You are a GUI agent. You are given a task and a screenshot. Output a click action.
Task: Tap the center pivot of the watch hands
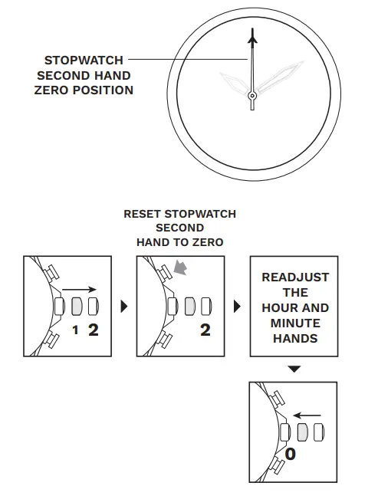(x=251, y=95)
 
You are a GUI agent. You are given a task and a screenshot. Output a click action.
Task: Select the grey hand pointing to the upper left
(x=234, y=82)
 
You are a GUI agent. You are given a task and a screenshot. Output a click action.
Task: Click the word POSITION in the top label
(x=102, y=90)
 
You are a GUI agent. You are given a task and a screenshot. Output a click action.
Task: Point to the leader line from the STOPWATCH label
(x=188, y=59)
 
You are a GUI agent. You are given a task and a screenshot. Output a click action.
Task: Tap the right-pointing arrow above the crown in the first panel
(x=79, y=291)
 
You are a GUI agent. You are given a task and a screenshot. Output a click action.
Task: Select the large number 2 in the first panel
(x=93, y=330)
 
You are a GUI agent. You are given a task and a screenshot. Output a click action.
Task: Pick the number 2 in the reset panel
(x=205, y=330)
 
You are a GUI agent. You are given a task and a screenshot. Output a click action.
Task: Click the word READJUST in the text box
(x=294, y=277)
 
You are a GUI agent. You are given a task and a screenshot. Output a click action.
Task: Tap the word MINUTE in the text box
(x=294, y=323)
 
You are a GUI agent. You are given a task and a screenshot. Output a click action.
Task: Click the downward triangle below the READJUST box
(x=294, y=369)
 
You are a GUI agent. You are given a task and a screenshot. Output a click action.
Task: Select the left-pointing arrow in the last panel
(x=307, y=415)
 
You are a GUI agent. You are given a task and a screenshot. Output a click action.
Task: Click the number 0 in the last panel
(x=290, y=454)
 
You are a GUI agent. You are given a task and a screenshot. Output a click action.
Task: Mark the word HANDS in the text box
(x=294, y=338)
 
